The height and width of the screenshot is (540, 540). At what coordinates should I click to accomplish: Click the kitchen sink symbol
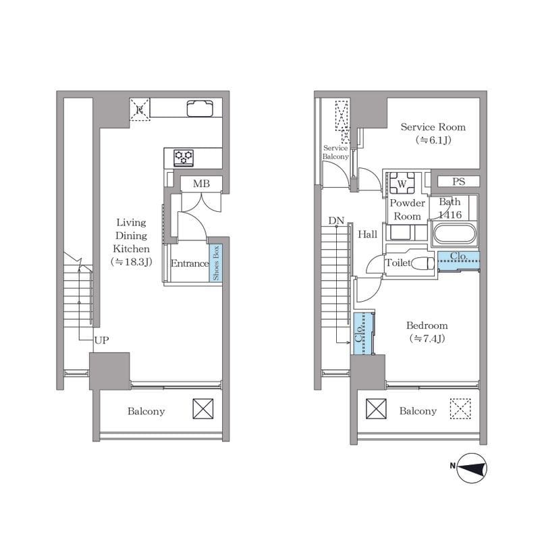click(200, 108)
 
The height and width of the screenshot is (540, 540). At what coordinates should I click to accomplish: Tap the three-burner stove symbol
click(184, 158)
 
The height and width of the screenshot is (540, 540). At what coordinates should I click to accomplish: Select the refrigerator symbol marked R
click(140, 109)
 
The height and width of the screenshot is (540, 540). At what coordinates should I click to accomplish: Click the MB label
click(201, 184)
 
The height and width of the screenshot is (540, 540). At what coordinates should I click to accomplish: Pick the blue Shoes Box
click(215, 263)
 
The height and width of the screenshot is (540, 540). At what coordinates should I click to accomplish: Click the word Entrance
click(190, 263)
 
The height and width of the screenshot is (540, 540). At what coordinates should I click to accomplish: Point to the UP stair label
click(102, 340)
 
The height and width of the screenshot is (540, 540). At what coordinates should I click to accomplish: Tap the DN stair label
click(336, 221)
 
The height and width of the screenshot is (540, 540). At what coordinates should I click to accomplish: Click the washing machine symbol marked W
click(402, 184)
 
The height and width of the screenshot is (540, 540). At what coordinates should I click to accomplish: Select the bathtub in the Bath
click(454, 234)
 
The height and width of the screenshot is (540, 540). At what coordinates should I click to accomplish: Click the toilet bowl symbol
click(423, 263)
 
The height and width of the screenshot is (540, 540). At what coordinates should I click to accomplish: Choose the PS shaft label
click(458, 182)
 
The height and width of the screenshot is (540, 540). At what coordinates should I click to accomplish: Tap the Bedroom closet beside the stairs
click(362, 333)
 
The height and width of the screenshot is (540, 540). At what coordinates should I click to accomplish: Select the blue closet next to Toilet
click(459, 261)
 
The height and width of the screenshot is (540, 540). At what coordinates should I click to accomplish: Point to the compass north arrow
click(473, 468)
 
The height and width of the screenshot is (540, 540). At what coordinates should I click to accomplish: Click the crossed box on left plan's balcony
click(203, 409)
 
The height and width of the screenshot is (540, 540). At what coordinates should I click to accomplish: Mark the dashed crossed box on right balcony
click(460, 409)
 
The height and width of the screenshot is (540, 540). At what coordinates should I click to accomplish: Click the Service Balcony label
click(335, 153)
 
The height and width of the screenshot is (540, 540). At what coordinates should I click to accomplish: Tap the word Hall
click(367, 234)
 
